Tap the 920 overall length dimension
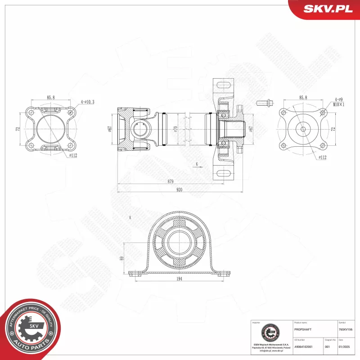point(179,190)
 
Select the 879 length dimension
point(170,181)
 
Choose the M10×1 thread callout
point(339,104)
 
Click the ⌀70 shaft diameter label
point(176,130)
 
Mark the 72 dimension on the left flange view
point(18,129)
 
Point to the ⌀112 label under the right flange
point(322,157)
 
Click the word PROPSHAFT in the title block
point(302,329)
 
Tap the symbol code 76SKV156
point(346,329)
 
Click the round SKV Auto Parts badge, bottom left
point(31,328)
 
